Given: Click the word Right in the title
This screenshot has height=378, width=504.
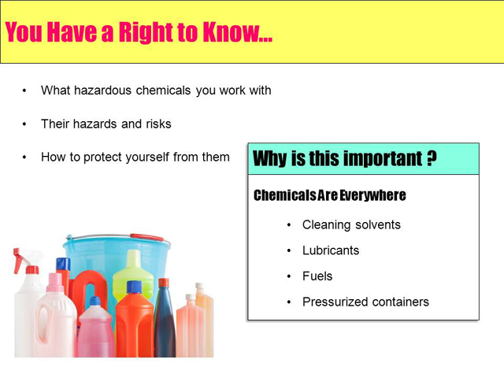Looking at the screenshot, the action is (x=146, y=32).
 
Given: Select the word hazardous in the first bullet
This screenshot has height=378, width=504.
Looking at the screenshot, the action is (x=102, y=91).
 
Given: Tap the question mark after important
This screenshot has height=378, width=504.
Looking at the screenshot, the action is (x=432, y=157).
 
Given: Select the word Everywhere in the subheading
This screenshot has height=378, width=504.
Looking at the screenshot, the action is (x=372, y=195).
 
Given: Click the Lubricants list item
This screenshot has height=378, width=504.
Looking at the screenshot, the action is (x=331, y=250).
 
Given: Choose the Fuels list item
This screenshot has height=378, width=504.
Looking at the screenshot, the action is (x=317, y=276).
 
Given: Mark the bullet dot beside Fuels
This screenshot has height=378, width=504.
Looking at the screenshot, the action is (x=289, y=276).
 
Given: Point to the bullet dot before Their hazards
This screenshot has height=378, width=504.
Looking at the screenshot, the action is (x=24, y=124).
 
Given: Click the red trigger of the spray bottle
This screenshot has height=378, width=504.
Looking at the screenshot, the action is (x=17, y=261).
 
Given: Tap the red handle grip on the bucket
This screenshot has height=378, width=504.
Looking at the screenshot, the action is (x=146, y=238).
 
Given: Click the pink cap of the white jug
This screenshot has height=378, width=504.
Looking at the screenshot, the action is (x=55, y=282).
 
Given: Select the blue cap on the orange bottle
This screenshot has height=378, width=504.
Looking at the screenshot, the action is (x=134, y=287).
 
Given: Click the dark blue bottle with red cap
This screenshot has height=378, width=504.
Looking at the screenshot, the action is (x=165, y=317).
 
